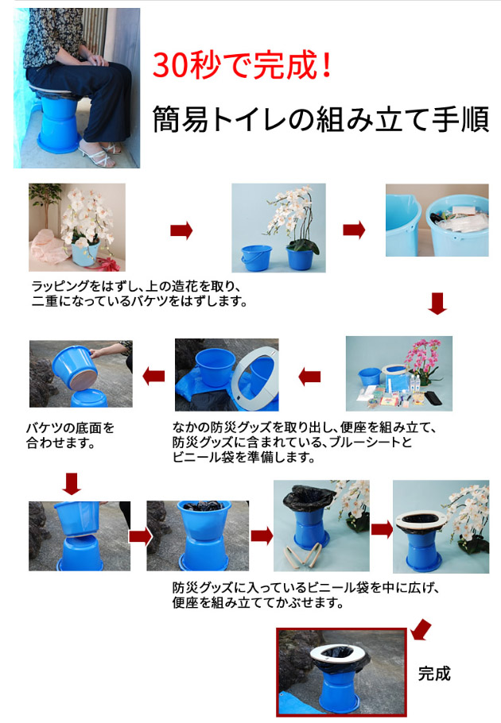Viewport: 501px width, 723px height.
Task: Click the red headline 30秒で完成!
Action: click(242, 65)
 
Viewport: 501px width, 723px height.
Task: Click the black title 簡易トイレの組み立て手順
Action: click(320, 119)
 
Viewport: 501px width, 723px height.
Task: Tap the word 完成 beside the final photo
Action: click(434, 674)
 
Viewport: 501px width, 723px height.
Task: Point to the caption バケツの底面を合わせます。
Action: click(70, 435)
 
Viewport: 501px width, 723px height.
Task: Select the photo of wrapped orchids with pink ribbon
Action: click(77, 227)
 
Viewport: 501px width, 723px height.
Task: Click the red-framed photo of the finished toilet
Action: click(341, 672)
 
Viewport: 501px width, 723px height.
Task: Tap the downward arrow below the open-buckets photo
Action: click(437, 304)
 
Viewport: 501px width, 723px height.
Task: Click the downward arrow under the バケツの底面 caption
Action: click(72, 484)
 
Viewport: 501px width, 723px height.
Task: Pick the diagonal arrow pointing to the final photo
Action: click(421, 630)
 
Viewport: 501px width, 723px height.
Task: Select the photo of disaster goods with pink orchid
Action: click(399, 373)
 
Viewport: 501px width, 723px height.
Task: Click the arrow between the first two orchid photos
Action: click(181, 230)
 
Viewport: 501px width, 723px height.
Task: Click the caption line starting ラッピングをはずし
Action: click(136, 287)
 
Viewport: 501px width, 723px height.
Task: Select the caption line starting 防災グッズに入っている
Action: click(305, 588)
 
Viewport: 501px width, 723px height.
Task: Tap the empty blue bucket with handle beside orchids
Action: click(257, 257)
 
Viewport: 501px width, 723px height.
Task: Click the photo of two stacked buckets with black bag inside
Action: click(197, 535)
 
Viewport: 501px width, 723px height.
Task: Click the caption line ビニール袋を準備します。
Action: click(244, 458)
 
